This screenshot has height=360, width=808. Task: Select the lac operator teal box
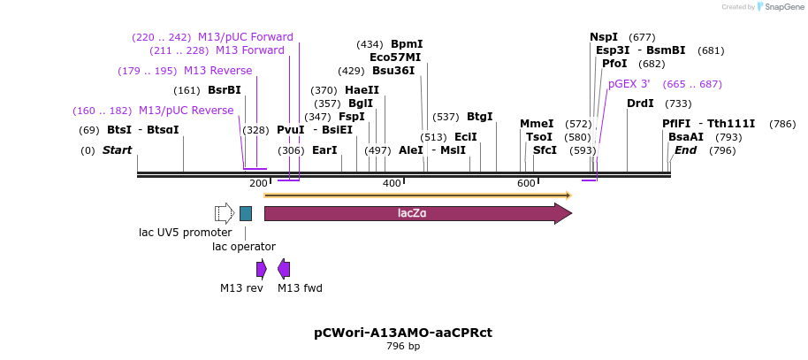[246, 213]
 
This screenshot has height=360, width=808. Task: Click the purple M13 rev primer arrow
[262, 269]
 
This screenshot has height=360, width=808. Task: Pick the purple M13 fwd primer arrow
[284, 269]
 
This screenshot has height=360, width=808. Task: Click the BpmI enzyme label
[407, 44]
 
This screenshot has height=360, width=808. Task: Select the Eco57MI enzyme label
[395, 57]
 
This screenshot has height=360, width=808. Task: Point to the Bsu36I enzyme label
[393, 71]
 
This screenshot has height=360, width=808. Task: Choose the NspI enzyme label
[605, 37]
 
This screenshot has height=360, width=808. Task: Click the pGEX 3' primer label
[629, 84]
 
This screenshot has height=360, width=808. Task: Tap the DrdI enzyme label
[640, 103]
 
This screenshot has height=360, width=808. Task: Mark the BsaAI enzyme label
[686, 137]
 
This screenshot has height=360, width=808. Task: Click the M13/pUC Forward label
[246, 37]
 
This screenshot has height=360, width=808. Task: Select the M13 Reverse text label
[217, 71]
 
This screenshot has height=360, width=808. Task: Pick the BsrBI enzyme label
[225, 90]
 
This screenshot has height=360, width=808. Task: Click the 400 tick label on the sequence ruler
[392, 183]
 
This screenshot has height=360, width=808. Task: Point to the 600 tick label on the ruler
[526, 183]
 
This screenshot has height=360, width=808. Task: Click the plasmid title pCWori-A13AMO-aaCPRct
[403, 333]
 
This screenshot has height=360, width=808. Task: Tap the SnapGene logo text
[785, 7]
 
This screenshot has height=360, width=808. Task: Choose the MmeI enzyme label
[537, 124]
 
